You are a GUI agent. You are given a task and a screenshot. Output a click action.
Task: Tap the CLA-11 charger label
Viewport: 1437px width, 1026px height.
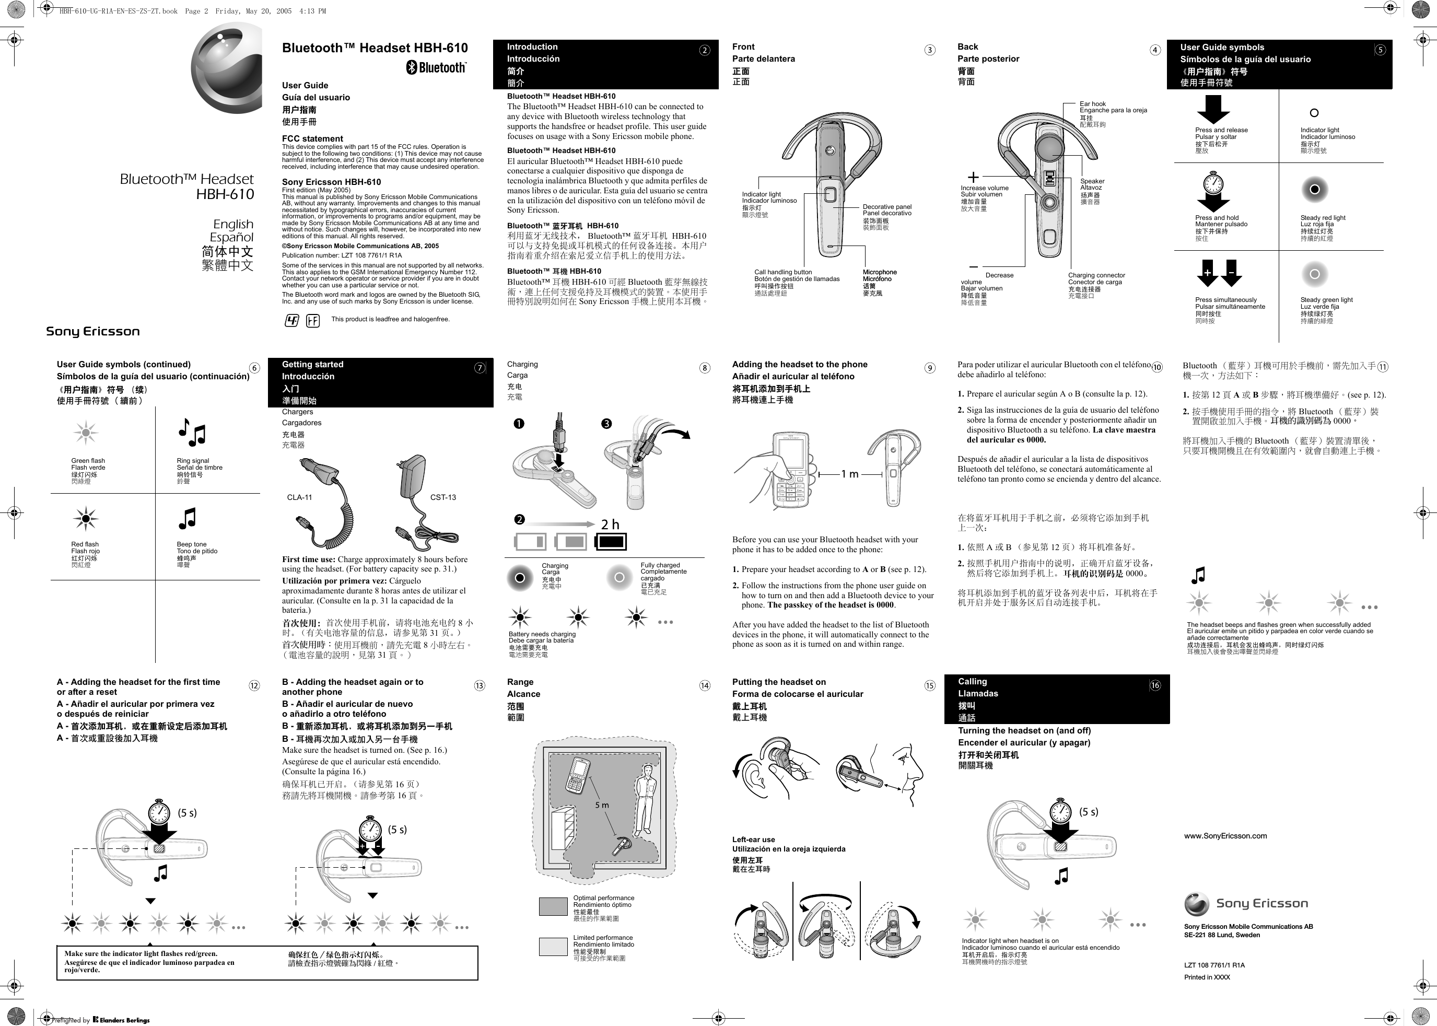point(299,497)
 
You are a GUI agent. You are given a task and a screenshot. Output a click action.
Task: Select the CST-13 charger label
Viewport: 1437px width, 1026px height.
point(443,497)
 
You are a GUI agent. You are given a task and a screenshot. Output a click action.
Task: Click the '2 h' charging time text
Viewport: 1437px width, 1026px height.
point(610,524)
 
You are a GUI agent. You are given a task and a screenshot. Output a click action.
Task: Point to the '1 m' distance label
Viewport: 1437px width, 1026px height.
point(849,474)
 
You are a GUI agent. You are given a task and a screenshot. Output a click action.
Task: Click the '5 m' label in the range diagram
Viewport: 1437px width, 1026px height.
point(602,805)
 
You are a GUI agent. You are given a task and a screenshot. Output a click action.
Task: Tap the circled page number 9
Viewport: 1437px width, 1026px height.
point(930,368)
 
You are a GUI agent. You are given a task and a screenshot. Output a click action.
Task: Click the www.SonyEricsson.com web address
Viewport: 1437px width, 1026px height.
point(1225,836)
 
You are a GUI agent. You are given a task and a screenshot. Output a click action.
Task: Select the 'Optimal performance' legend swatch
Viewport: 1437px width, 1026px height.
point(553,906)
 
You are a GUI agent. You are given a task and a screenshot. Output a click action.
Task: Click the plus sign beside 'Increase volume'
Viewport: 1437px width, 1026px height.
point(973,178)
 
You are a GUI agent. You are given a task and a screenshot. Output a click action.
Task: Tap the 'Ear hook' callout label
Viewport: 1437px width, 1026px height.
point(1093,103)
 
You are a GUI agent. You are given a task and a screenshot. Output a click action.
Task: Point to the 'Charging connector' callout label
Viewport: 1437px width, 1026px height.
point(1096,275)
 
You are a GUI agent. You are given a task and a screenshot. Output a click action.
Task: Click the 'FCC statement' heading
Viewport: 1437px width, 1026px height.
point(313,138)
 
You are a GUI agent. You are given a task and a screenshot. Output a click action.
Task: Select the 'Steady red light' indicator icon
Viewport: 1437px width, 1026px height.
point(1314,190)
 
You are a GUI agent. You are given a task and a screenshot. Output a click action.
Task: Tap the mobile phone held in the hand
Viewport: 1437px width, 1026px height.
point(790,471)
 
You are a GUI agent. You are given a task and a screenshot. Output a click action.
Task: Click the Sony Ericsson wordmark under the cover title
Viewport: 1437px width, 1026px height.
point(93,332)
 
